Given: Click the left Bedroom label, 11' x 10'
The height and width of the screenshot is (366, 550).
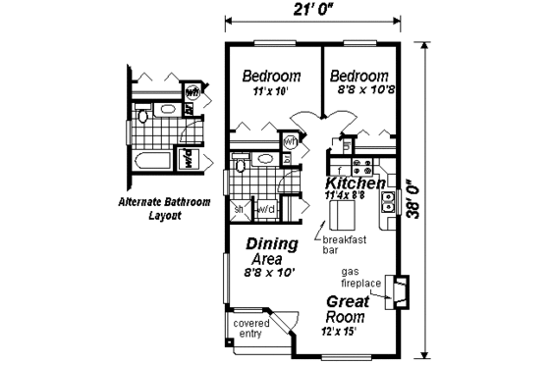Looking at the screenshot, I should pyautogui.click(x=271, y=77).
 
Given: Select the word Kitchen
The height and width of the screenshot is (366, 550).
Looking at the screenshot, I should pyautogui.click(x=355, y=183).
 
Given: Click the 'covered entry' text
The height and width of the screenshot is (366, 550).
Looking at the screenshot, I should pyautogui.click(x=251, y=328).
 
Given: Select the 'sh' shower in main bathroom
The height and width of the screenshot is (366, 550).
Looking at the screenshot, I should pyautogui.click(x=239, y=209).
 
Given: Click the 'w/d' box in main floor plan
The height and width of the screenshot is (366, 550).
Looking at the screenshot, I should pyautogui.click(x=265, y=209).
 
